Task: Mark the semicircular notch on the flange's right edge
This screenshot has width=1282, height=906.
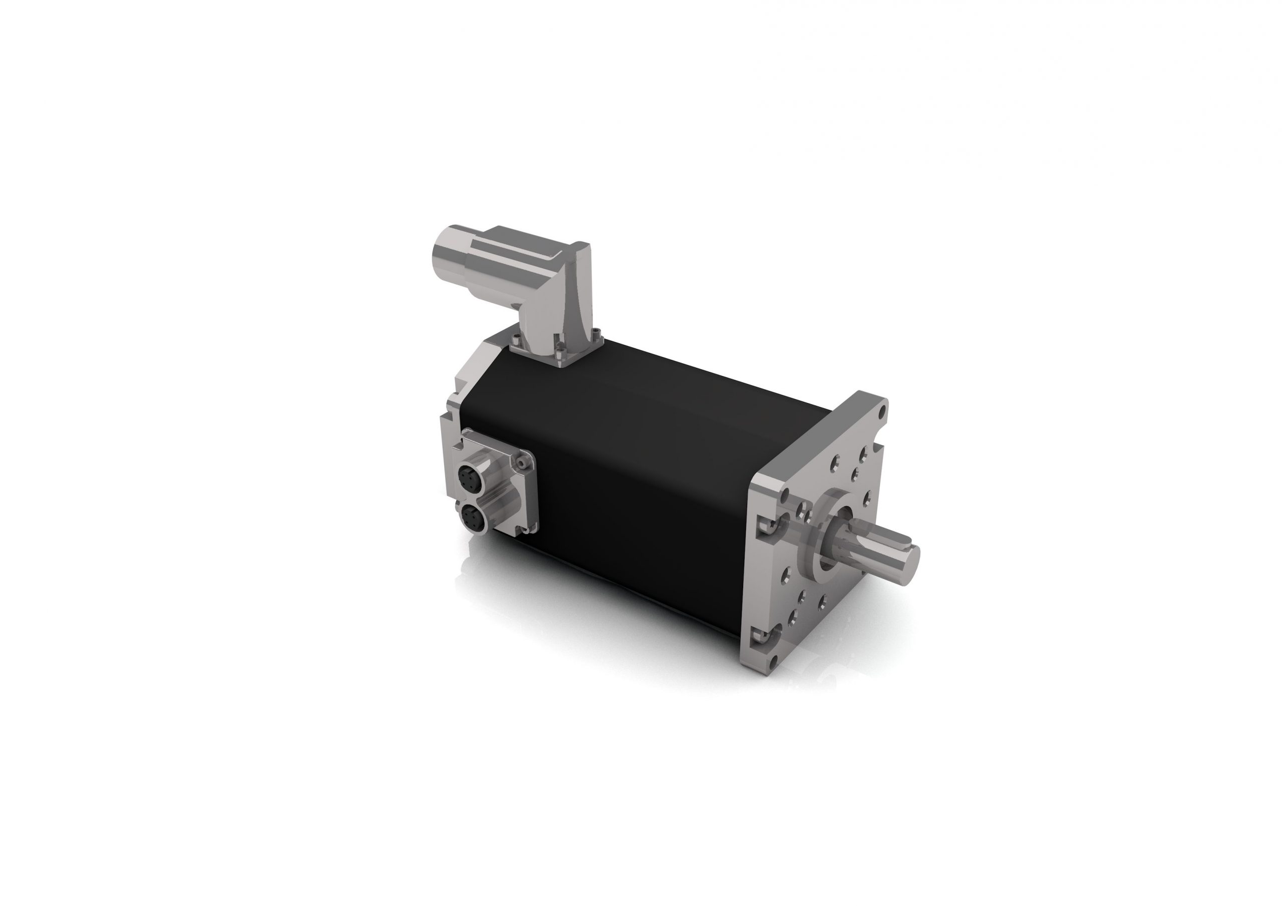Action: point(883,446)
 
